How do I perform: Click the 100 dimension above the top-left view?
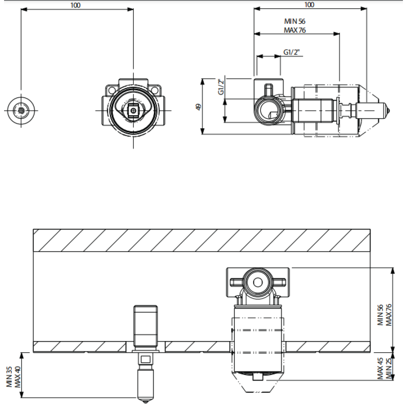[75, 5]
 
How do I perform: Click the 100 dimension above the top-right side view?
[309, 4]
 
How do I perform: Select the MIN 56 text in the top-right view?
[295, 21]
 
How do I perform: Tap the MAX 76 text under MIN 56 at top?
[295, 30]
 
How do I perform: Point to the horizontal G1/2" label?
[291, 52]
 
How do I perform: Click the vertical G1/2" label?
[221, 87]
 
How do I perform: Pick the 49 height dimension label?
[199, 107]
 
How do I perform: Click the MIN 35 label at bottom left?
[9, 376]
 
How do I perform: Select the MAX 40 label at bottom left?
[18, 376]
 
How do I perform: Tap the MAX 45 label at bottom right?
[380, 369]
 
